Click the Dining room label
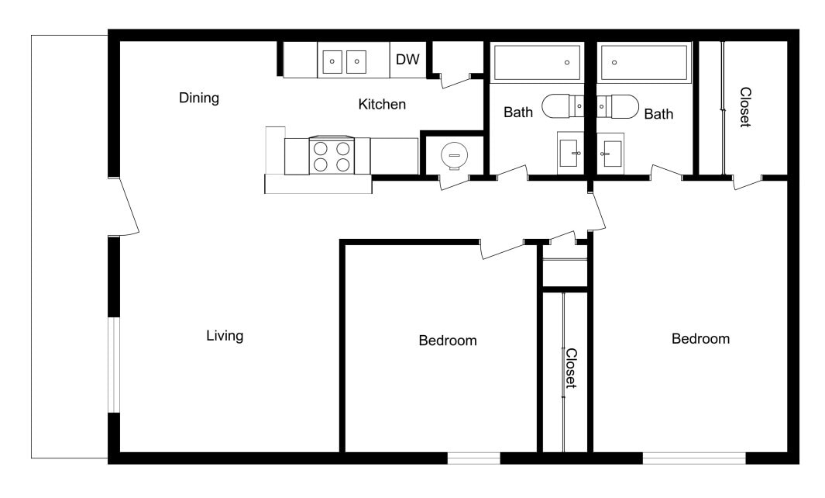click(199, 99)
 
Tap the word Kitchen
click(382, 105)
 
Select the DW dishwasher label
click(407, 60)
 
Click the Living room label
click(225, 336)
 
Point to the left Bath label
click(518, 112)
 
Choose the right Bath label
click(658, 114)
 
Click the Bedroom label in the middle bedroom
click(448, 341)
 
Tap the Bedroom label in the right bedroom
click(700, 339)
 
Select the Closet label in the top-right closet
click(744, 107)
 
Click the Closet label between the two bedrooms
click(570, 368)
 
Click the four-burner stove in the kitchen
click(331, 155)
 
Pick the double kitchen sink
click(344, 61)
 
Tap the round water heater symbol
click(453, 155)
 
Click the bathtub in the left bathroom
click(537, 62)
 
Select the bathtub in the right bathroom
click(644, 62)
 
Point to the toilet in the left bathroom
click(561, 105)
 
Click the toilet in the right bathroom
click(618, 105)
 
